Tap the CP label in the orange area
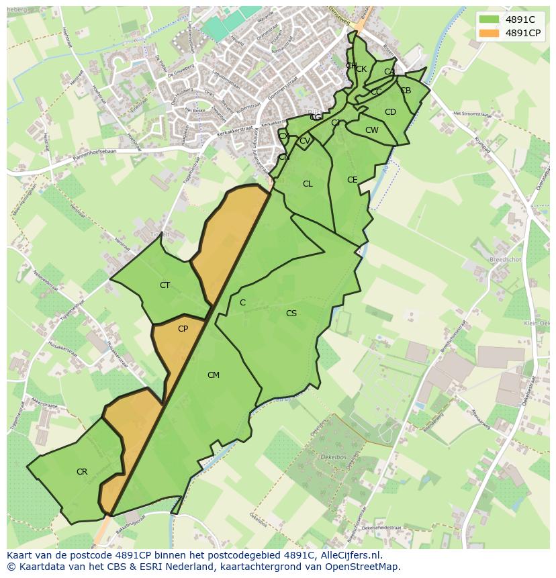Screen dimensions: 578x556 [x=183, y=329]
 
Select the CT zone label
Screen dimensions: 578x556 [x=165, y=285]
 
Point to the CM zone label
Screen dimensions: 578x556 [x=213, y=375]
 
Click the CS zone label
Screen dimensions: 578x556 [x=291, y=314]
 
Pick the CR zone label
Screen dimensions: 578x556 [x=81, y=472]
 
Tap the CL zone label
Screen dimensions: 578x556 [x=308, y=184]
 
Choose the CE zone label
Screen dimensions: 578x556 [x=352, y=180]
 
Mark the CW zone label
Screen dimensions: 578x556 [x=371, y=130]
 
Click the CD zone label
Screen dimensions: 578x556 [x=390, y=112]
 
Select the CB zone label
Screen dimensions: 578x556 [x=406, y=91]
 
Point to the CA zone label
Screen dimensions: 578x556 [x=389, y=72]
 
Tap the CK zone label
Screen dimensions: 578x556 [x=361, y=69]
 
